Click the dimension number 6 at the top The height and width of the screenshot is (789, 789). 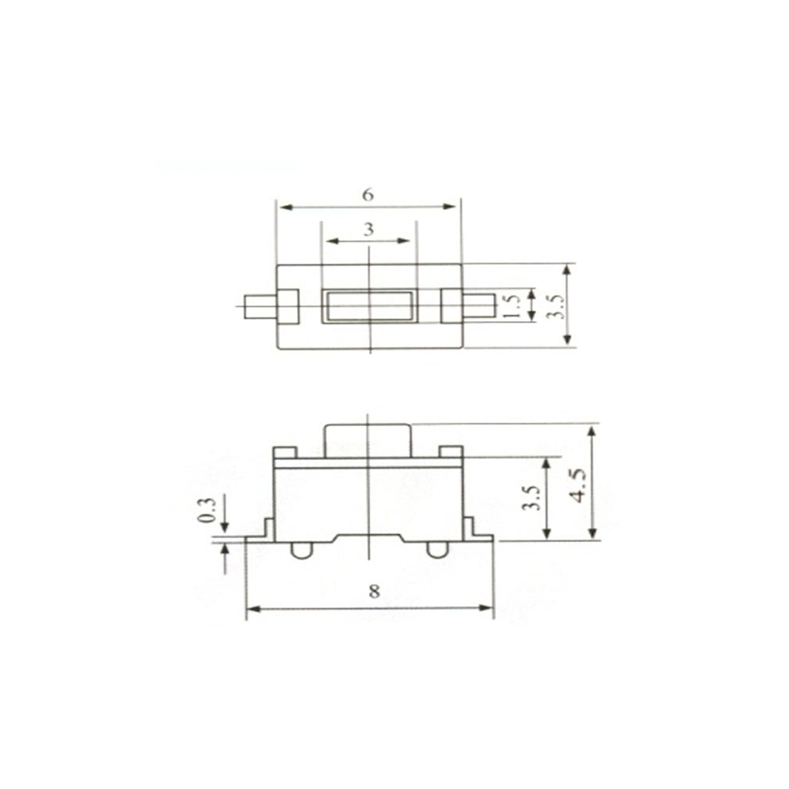tap(368, 194)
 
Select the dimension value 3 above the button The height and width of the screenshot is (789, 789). tap(368, 230)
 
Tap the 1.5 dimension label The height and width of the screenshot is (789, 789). tap(510, 306)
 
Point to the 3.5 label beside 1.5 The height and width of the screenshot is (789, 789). tap(556, 306)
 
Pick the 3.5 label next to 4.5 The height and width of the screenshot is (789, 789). tap(532, 499)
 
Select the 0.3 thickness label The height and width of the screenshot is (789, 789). tap(207, 510)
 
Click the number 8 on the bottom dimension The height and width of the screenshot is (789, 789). tap(374, 593)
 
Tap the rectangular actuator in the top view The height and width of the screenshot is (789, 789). tap(368, 306)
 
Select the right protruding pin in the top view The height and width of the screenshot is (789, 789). tap(478, 306)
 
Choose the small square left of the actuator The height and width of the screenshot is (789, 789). tap(287, 306)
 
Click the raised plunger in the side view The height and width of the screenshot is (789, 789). tap(368, 440)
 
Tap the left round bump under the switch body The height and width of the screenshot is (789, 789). tap(300, 550)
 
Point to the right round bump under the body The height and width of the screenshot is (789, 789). tap(436, 550)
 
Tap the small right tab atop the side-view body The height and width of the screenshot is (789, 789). tap(451, 452)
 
